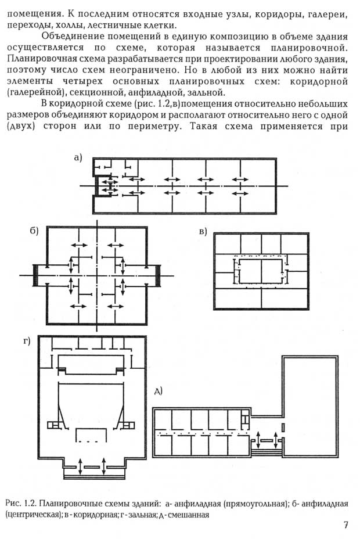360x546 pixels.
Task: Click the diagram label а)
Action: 77,158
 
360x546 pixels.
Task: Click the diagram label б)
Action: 34,231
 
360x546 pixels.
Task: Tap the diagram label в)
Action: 203,231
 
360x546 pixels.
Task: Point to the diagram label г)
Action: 27,341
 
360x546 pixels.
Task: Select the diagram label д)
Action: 159,391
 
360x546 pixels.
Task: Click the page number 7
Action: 345,525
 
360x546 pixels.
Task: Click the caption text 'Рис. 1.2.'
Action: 21,504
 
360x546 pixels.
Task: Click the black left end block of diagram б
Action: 35,275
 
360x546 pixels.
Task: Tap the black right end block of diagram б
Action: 158,275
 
